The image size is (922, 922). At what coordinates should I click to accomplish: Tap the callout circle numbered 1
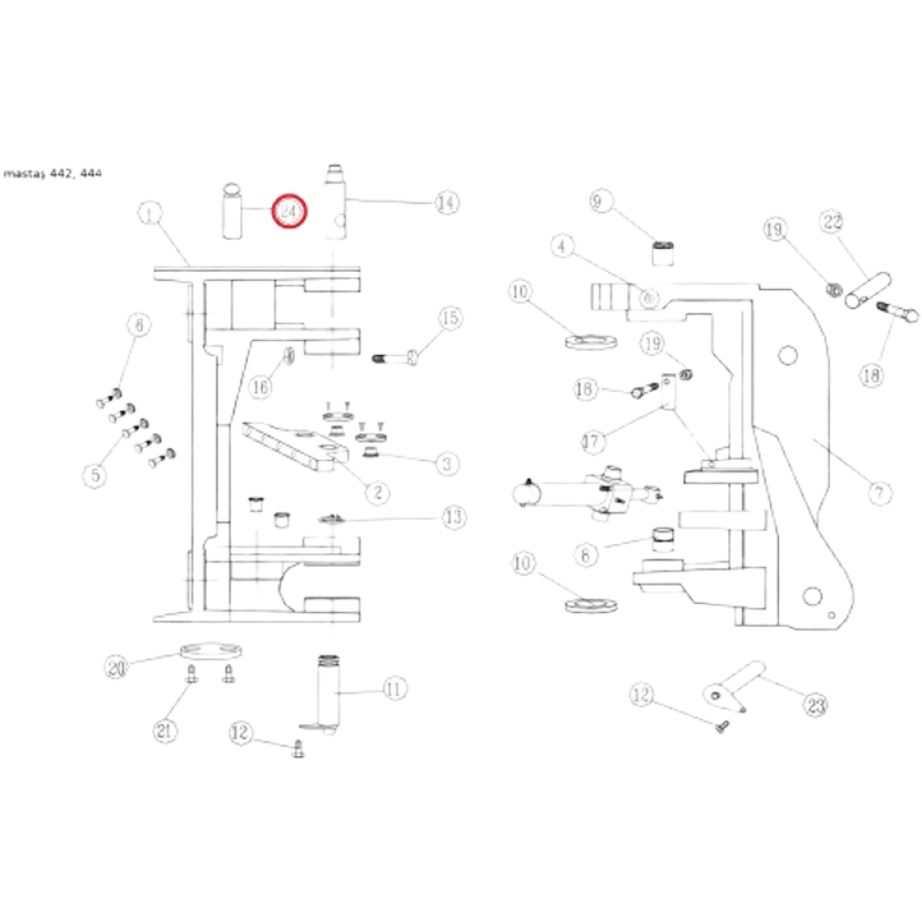point(148,214)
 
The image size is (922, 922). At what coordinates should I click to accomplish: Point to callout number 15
point(450,319)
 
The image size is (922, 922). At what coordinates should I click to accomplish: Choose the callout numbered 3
point(447,463)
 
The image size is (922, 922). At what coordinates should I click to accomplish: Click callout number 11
point(395,688)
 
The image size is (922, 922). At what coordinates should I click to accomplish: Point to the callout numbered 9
point(601,200)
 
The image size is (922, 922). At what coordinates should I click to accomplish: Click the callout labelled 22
point(833,222)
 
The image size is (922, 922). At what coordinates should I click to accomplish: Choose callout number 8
point(586,555)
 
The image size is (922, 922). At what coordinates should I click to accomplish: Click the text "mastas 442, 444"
point(53,172)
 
